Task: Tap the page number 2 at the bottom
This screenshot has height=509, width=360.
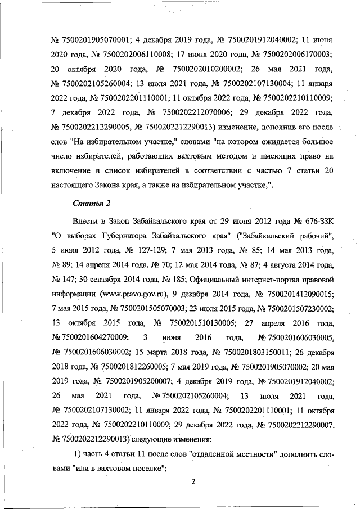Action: [192, 481]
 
